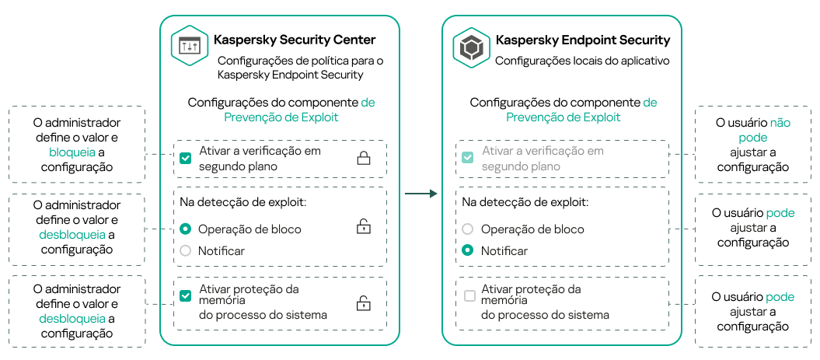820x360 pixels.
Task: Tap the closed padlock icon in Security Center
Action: click(x=363, y=159)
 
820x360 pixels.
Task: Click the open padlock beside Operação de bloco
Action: click(x=363, y=227)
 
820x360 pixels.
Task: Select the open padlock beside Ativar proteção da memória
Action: click(x=363, y=303)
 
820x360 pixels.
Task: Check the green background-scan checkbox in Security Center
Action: click(x=185, y=158)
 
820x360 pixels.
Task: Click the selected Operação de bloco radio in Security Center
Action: click(x=185, y=229)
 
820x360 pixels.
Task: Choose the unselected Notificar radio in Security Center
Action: click(x=185, y=250)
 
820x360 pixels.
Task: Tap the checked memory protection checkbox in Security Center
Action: click(x=185, y=296)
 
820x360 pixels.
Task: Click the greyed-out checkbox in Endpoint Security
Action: click(x=467, y=158)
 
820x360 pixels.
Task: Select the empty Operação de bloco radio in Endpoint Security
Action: click(x=467, y=229)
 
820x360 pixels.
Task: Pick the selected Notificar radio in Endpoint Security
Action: click(x=467, y=250)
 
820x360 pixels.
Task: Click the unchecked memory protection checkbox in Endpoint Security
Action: click(x=469, y=296)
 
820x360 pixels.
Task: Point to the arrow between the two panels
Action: click(x=421, y=193)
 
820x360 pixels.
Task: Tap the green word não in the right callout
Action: click(x=780, y=123)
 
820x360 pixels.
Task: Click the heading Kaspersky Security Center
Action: click(x=295, y=40)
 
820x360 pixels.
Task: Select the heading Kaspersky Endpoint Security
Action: click(x=583, y=40)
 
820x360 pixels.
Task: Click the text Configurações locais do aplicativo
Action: click(x=582, y=60)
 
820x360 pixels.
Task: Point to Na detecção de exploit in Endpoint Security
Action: click(x=525, y=201)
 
